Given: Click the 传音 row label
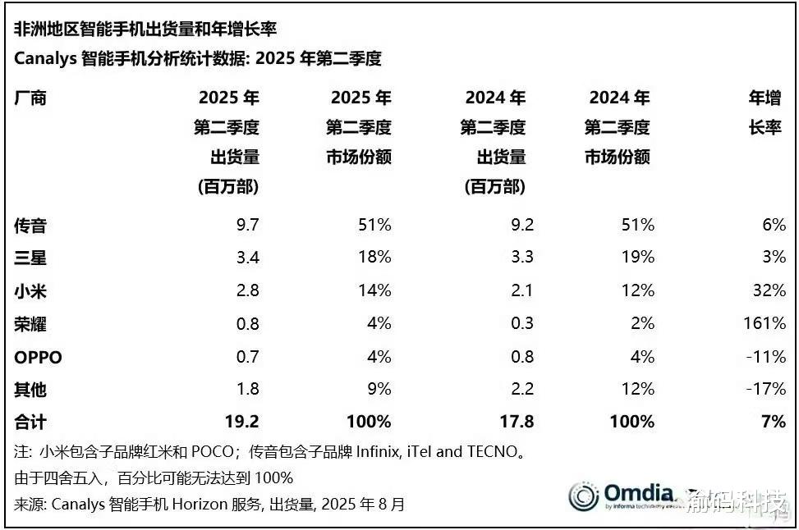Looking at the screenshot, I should point(31,225).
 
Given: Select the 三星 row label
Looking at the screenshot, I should point(31,258).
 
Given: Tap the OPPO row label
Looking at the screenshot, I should point(38,357).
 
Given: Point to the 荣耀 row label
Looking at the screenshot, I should point(31,323).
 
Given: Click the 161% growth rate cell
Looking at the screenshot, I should point(763,323).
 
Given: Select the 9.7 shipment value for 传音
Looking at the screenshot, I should point(247,225).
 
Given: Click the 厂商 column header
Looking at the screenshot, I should point(31,98).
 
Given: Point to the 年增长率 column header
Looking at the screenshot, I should point(765,113).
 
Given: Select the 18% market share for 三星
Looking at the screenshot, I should point(375,258).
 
